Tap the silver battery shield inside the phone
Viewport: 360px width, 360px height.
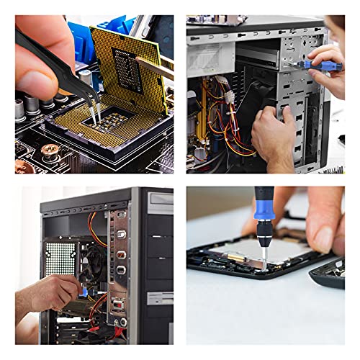pyautogui.click(x=281, y=249)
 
